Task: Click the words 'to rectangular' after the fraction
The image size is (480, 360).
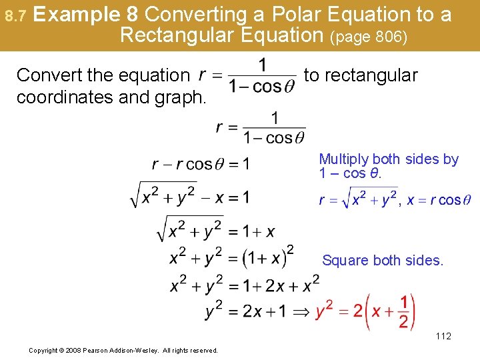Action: (x=361, y=75)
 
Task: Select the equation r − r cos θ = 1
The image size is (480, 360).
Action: (x=201, y=164)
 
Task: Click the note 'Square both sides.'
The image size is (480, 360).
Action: (x=383, y=261)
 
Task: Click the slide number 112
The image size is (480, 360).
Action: (x=443, y=336)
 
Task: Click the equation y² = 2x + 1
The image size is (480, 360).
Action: (x=245, y=311)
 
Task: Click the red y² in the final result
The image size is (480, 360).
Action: (x=325, y=311)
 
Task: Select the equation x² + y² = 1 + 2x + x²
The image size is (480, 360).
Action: (x=245, y=285)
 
